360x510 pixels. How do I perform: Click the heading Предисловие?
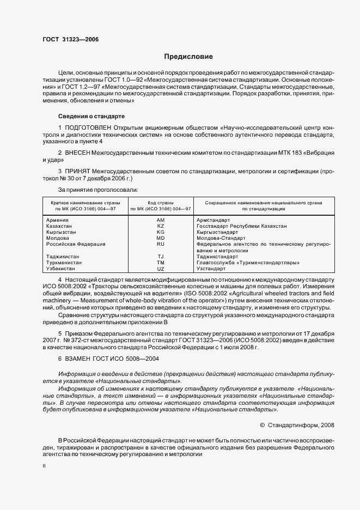pos(188,57)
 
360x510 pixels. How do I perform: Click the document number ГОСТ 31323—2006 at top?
pos(70,39)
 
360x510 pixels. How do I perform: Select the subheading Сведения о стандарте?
pos(91,116)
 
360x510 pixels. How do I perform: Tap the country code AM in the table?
pos(161,220)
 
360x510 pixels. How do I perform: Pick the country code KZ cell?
pos(161,226)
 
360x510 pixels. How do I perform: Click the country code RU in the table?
pos(161,244)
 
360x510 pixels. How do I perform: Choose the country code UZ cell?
pos(161,269)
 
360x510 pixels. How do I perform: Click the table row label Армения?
pos(58,220)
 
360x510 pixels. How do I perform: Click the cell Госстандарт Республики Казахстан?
pos(241,226)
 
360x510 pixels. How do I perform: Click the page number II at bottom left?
pos(45,466)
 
